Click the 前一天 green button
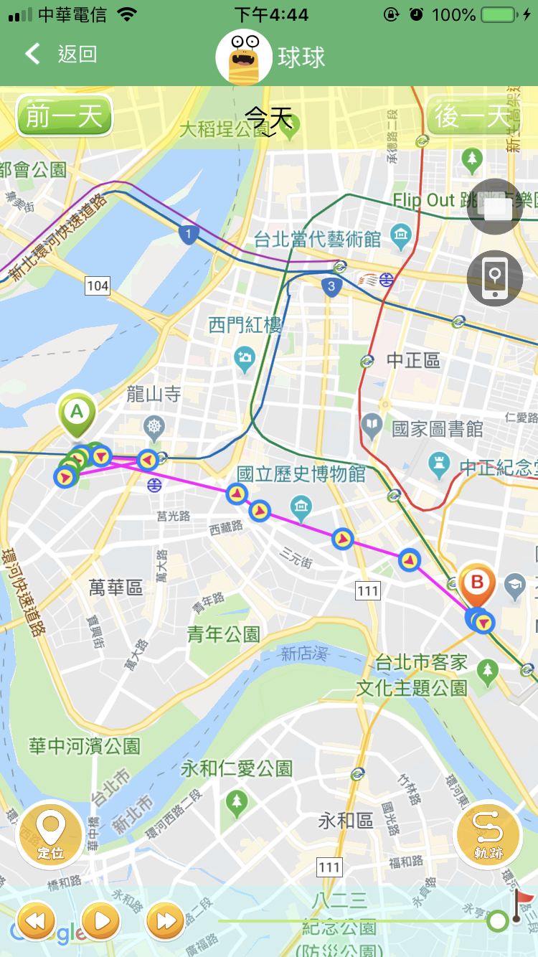click(65, 115)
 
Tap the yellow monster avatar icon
click(244, 57)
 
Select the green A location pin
click(77, 415)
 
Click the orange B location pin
click(477, 583)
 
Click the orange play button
click(101, 920)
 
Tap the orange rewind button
click(36, 920)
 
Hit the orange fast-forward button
click(166, 920)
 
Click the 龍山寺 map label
click(154, 394)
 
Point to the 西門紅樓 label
click(245, 325)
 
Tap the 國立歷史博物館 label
click(301, 474)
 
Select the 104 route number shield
click(98, 286)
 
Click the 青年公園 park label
click(223, 633)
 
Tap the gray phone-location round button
click(494, 278)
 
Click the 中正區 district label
click(413, 360)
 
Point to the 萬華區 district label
click(115, 588)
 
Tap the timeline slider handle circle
click(497, 920)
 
